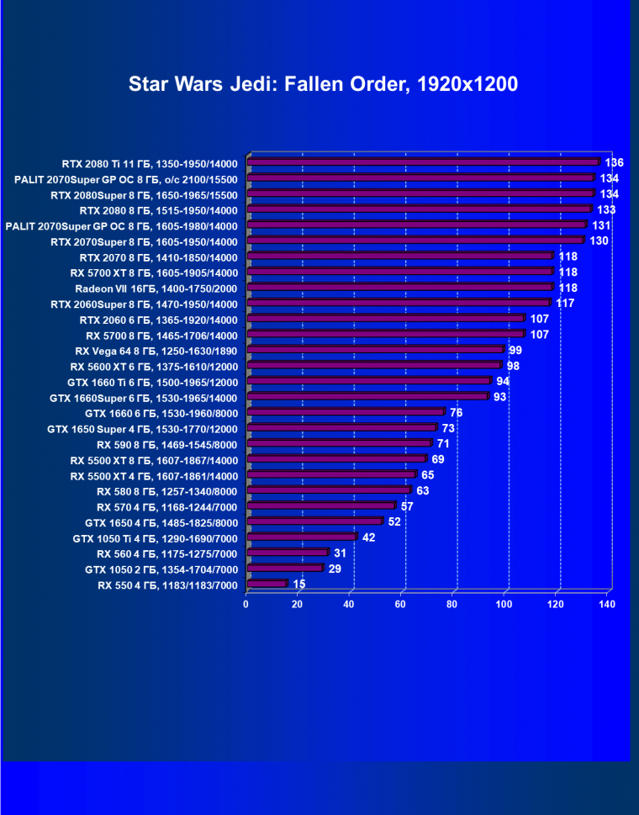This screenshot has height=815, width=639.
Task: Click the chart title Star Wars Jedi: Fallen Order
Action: coord(323,84)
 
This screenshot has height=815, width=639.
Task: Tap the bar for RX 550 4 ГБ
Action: coord(267,584)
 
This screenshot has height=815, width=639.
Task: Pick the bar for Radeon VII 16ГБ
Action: coord(400,288)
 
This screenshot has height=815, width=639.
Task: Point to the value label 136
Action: coord(615,162)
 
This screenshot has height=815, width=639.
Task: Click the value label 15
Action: coord(299,584)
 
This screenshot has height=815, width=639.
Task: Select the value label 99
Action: coord(516,350)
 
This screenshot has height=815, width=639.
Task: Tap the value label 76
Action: coord(457,412)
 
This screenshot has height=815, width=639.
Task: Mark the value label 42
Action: coord(369,537)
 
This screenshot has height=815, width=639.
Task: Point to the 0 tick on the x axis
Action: coord(246,604)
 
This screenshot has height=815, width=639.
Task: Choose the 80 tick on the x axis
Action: coord(452,604)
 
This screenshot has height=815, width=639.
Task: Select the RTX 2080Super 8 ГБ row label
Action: coord(144,194)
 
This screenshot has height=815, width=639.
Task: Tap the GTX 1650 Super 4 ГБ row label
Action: coord(143,429)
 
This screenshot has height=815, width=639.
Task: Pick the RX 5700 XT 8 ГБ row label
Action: coord(154,273)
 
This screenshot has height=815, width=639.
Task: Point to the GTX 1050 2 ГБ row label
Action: coord(156,569)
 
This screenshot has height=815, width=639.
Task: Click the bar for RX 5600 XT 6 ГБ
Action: coord(374,366)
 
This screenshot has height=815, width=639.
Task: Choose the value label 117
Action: coord(565,303)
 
